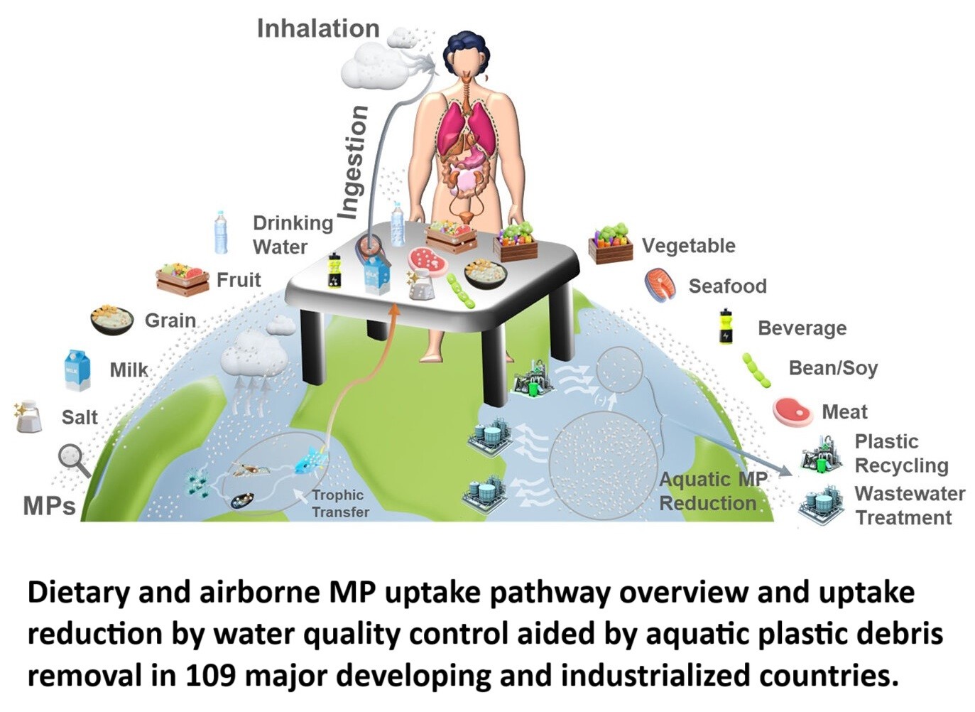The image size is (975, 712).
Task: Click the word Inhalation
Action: [x=317, y=29]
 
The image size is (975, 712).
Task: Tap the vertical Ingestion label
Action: [x=353, y=162]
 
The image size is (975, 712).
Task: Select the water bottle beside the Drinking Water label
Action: [x=222, y=232]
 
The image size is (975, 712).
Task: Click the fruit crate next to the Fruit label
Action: [x=183, y=279]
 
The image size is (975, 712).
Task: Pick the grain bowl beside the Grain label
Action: [x=112, y=320]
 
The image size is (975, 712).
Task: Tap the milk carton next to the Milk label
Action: [x=77, y=370]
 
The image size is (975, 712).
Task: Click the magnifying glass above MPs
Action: [x=73, y=459]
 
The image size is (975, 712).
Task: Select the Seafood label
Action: [x=727, y=286]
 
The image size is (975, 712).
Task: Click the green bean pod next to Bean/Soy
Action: [x=757, y=370]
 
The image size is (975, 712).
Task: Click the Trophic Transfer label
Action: [x=340, y=503]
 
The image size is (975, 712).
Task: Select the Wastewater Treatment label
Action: [x=909, y=505]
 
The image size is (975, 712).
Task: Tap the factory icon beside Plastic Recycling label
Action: [x=822, y=453]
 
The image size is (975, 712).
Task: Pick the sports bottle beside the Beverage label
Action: [x=725, y=327]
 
